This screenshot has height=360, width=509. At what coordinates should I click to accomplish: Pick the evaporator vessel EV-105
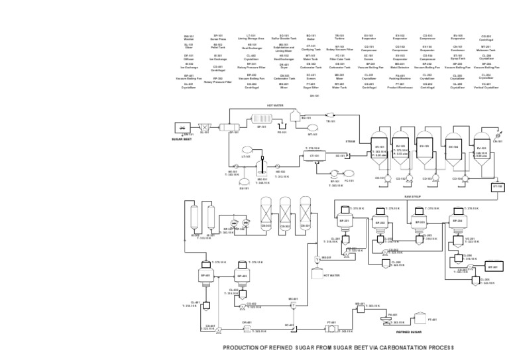481,152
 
